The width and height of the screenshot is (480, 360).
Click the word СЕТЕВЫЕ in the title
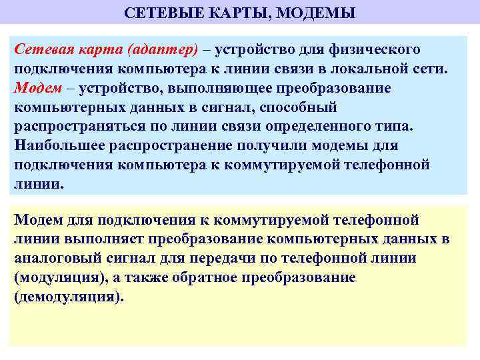[x=157, y=13]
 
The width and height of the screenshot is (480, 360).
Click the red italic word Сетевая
[x=41, y=50]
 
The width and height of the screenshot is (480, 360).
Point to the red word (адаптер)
[x=161, y=50]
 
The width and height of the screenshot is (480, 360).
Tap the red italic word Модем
[x=35, y=89]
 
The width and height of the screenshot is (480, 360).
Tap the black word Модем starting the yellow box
[x=37, y=220]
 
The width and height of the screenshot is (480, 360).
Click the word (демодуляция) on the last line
[x=69, y=297]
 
